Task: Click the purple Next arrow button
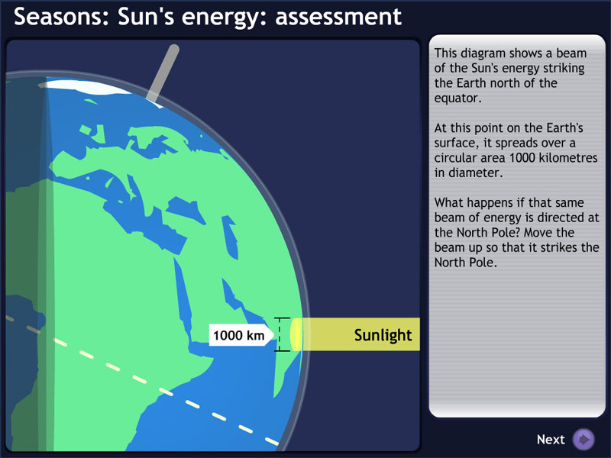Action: (584, 440)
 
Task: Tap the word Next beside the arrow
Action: (551, 440)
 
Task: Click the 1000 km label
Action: (238, 335)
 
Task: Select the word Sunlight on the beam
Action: (383, 335)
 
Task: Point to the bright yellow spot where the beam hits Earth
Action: (296, 335)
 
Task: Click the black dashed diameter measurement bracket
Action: (282, 335)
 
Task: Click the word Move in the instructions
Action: (566, 233)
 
